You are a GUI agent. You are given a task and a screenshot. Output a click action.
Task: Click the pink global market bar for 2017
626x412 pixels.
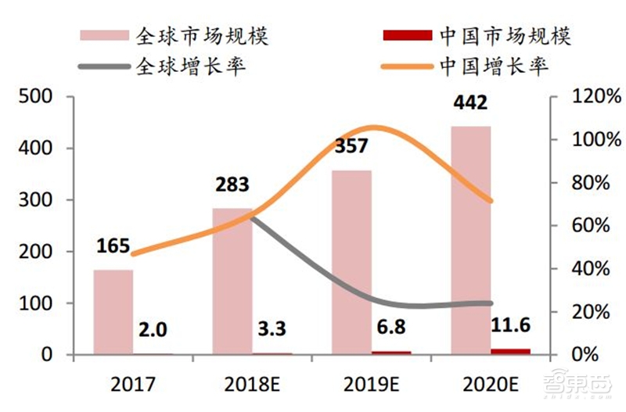click(113, 312)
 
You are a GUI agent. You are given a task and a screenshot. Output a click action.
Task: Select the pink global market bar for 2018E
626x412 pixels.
click(232, 281)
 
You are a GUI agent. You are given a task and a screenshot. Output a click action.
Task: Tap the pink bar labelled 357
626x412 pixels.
click(351, 262)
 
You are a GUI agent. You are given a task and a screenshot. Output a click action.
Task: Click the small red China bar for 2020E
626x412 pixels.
click(510, 351)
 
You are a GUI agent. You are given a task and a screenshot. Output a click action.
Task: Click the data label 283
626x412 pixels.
click(232, 185)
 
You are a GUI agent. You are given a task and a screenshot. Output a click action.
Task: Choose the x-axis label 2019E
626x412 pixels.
click(371, 384)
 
